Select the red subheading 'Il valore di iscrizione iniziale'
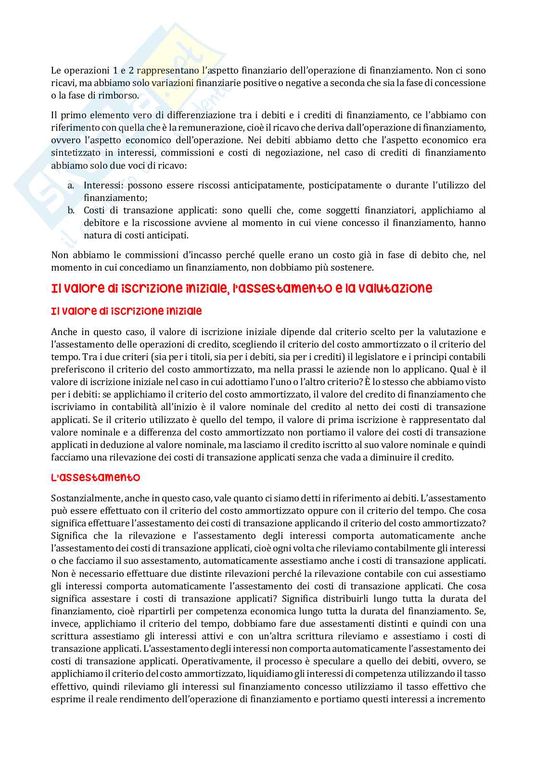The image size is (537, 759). [x=127, y=311]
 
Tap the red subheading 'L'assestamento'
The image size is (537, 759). [x=96, y=478]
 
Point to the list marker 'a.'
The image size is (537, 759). [x=70, y=186]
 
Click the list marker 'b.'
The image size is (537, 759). [x=70, y=211]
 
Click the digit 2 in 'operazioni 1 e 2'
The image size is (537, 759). [x=131, y=71]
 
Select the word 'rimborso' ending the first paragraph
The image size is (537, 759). [x=122, y=96]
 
